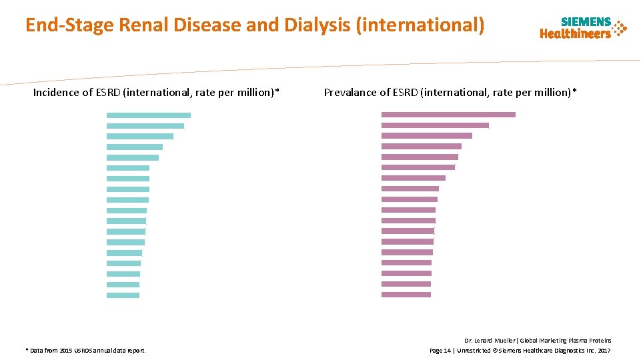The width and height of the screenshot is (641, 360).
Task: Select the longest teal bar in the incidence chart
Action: (x=148, y=115)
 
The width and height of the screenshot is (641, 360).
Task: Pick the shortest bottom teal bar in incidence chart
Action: (x=123, y=295)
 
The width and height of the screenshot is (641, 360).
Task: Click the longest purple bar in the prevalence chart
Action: (x=448, y=115)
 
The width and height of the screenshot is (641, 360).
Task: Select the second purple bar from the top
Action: (x=435, y=125)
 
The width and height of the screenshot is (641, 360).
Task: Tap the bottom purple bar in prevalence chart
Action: (x=406, y=295)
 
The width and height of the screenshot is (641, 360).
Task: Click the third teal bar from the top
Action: (x=139, y=136)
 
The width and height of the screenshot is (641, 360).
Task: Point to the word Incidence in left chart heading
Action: (x=56, y=93)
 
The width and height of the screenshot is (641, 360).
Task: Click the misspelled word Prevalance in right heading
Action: (x=350, y=93)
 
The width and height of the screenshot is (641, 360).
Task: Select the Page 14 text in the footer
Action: (x=442, y=350)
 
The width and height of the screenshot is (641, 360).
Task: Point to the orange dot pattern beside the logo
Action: (x=620, y=28)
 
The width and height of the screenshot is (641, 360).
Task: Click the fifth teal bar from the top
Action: (x=132, y=157)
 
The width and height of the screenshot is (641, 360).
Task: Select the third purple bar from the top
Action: (x=426, y=136)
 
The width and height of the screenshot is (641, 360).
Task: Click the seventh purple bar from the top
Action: (x=413, y=178)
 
